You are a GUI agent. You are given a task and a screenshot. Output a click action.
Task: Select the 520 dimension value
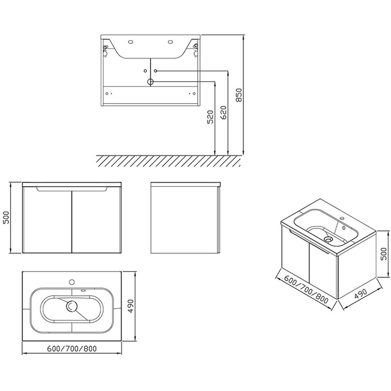coord(210,117)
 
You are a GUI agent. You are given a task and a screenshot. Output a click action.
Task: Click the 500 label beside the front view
coord(6,218)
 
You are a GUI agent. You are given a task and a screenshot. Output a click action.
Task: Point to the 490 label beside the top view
coord(131,306)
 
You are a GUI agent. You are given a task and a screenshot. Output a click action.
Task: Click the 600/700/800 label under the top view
coord(72,349)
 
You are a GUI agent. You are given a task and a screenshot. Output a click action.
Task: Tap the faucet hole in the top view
coord(72,282)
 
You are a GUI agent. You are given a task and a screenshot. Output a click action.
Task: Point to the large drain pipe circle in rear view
coord(150,82)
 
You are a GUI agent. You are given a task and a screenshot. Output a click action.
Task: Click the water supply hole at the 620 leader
coord(156,71)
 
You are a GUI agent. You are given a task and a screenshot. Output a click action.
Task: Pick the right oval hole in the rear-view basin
coord(170,42)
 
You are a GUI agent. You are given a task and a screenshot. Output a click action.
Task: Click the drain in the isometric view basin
coord(327,239)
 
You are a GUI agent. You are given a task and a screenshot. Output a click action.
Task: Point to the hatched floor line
coord(168,155)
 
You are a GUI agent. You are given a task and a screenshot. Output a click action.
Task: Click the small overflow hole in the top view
coord(83,290)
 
